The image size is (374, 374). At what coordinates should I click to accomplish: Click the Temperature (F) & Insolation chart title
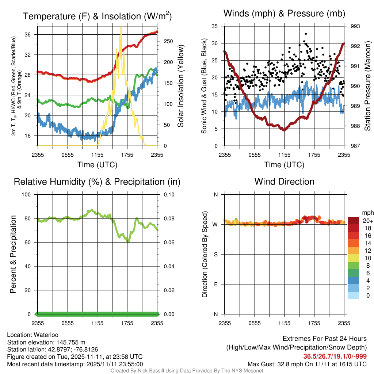[97, 16]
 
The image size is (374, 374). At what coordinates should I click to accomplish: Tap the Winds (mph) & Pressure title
[284, 14]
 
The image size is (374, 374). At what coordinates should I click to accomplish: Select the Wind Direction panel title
[284, 182]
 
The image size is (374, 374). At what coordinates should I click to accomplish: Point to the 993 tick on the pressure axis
[355, 26]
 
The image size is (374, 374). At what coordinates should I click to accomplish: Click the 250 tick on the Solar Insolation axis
[168, 41]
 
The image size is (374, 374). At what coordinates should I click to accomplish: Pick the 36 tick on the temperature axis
[27, 35]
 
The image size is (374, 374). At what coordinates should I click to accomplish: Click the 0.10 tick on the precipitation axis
[169, 195]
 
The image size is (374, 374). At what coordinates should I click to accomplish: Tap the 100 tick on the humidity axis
[26, 195]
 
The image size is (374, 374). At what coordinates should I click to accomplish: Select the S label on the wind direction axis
[216, 255]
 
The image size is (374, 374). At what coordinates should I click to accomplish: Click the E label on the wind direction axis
[216, 284]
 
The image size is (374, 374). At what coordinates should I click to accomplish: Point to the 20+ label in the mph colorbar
[368, 221]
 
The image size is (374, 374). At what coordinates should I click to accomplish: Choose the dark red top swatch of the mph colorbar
[354, 221]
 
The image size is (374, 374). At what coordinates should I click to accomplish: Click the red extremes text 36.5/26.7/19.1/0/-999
[335, 356]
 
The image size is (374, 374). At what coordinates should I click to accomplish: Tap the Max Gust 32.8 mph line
[307, 364]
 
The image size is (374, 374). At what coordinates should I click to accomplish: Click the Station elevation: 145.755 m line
[46, 342]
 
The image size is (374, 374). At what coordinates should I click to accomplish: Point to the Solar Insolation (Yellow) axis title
[181, 86]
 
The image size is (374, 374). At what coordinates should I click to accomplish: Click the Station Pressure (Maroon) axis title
[367, 86]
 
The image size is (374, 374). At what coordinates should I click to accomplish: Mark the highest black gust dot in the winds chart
[306, 34]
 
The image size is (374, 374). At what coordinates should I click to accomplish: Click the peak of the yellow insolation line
[121, 27]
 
